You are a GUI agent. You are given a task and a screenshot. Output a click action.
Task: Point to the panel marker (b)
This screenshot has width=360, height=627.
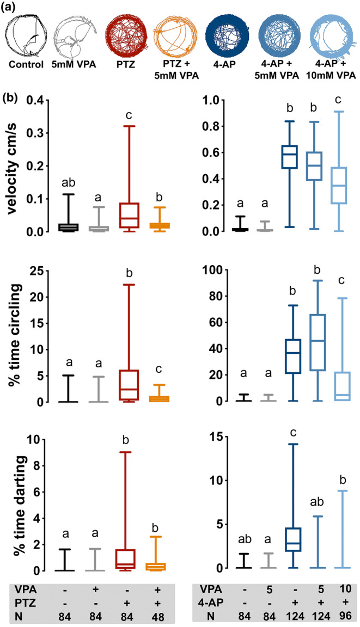point(11,100)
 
